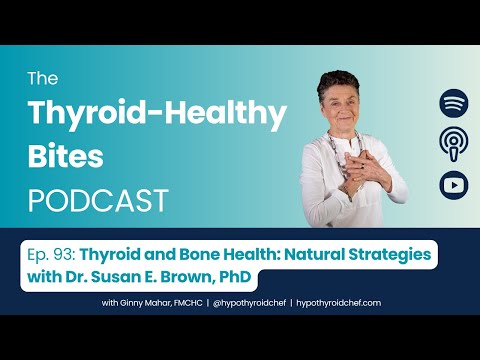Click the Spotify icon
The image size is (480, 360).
pos(453,104)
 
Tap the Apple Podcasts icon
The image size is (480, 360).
pos(453,144)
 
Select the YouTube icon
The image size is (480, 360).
pos(453,184)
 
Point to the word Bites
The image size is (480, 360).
pos(68,157)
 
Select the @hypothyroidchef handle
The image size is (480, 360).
pos(265,302)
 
